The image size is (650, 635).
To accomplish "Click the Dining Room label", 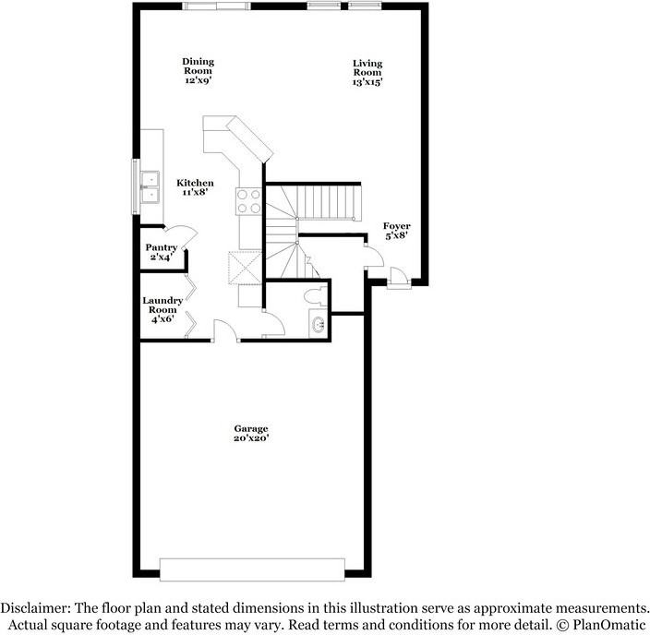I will (198, 70).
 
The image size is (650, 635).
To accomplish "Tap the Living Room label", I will (367, 71).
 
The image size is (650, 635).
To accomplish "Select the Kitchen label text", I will (195, 187).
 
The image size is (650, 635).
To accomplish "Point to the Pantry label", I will (161, 252).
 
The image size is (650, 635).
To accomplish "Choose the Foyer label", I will (397, 231).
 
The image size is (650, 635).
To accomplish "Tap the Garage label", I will (250, 433).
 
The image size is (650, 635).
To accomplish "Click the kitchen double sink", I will (149, 186).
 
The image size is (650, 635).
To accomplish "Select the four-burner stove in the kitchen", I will (249, 200).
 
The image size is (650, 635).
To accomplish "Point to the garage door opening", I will (252, 569).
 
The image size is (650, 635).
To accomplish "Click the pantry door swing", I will (183, 236).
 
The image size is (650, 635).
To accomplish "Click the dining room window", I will (216, 6).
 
